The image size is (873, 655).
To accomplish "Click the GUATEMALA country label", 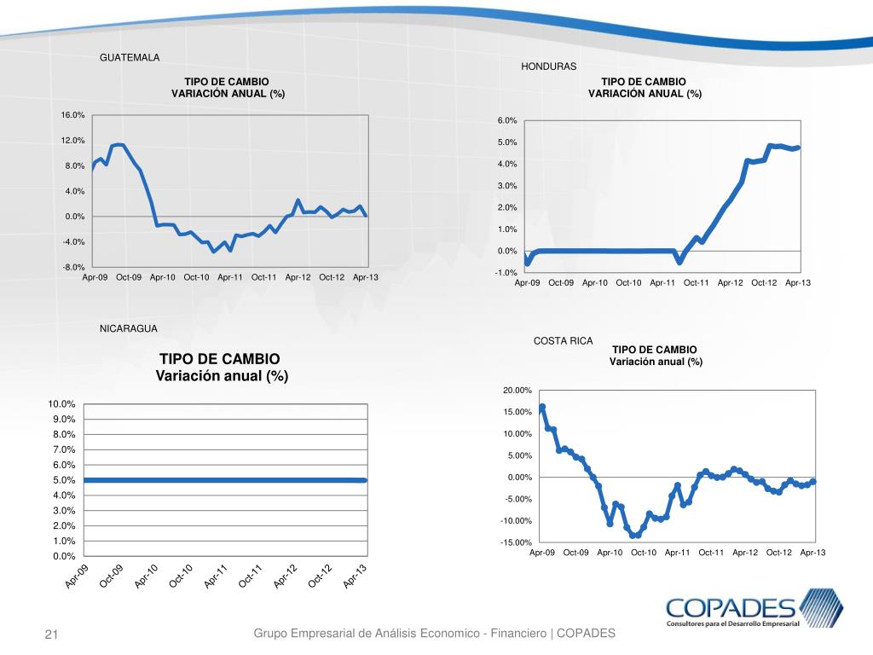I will tap(130, 58).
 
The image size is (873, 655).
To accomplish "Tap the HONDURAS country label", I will tap(548, 67).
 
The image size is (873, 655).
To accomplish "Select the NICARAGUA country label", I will tap(129, 327).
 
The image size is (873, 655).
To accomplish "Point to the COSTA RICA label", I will tap(563, 341).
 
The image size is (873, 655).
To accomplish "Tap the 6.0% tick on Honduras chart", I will tap(508, 121).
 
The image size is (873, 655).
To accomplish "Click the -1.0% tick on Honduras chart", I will tap(507, 273).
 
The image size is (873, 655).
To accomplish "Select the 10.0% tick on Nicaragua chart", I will tap(61, 403).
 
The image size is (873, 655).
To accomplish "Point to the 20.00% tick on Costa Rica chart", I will tap(517, 391).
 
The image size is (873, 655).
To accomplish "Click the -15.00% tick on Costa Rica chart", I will tap(517, 542).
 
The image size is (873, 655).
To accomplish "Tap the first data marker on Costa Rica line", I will tap(542, 407).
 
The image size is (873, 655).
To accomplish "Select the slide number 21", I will tap(50, 635).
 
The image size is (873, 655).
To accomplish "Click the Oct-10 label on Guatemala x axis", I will tap(196, 277).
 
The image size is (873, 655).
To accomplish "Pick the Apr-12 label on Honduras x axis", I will tap(731, 282).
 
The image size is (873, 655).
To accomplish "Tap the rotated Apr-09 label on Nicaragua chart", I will tap(77, 577).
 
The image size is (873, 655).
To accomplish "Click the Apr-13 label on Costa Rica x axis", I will tap(812, 553).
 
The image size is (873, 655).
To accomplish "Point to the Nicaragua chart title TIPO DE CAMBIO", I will tap(219, 359).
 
